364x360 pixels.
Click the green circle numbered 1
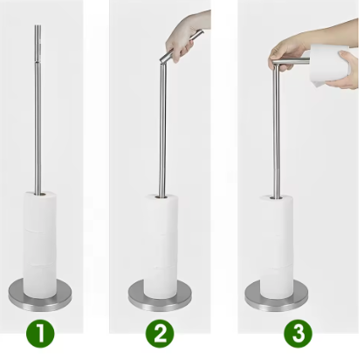(40, 333)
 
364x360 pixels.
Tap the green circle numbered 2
(160, 334)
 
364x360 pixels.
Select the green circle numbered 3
(298, 334)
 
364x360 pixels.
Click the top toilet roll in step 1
(40, 211)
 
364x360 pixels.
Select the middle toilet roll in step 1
(40, 247)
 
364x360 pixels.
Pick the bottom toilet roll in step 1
(40, 281)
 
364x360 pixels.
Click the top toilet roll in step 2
(161, 214)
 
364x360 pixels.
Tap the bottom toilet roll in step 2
(161, 281)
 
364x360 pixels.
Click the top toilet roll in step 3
(277, 216)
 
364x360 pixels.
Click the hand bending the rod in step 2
(186, 38)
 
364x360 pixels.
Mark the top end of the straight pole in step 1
(38, 25)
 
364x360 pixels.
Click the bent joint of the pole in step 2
(162, 61)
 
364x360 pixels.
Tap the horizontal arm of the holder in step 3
(291, 61)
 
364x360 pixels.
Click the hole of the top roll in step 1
(40, 193)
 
